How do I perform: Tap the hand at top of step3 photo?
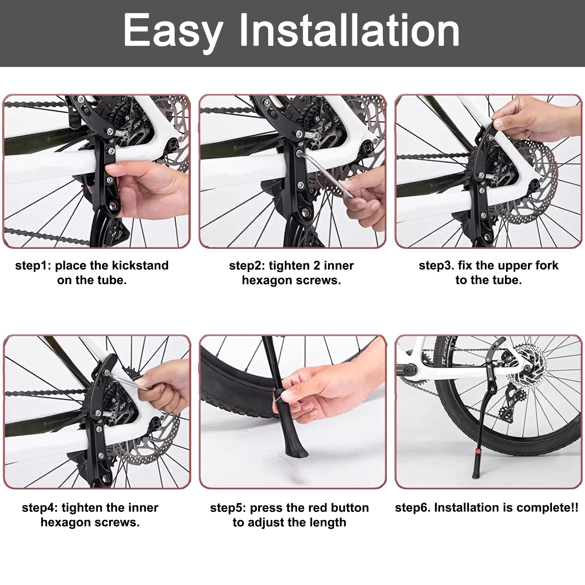pos(533,119)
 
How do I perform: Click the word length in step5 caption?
pos(328,523)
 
